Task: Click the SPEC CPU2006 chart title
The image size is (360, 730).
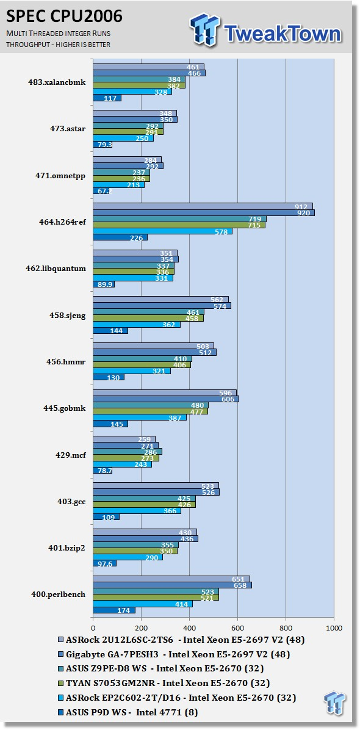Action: (x=64, y=16)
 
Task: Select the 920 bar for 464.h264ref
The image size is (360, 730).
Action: (x=204, y=213)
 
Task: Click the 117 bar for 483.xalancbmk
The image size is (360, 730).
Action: (x=107, y=98)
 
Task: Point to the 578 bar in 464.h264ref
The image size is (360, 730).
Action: (x=163, y=231)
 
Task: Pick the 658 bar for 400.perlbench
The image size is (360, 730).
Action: (x=173, y=585)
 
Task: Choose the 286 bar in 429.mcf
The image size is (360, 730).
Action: (x=128, y=452)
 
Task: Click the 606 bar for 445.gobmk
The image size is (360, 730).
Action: (x=166, y=399)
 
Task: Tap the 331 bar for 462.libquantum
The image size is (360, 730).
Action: (x=133, y=278)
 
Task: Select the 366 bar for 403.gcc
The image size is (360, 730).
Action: (x=137, y=511)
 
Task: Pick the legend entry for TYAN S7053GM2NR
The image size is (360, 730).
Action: (x=164, y=683)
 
